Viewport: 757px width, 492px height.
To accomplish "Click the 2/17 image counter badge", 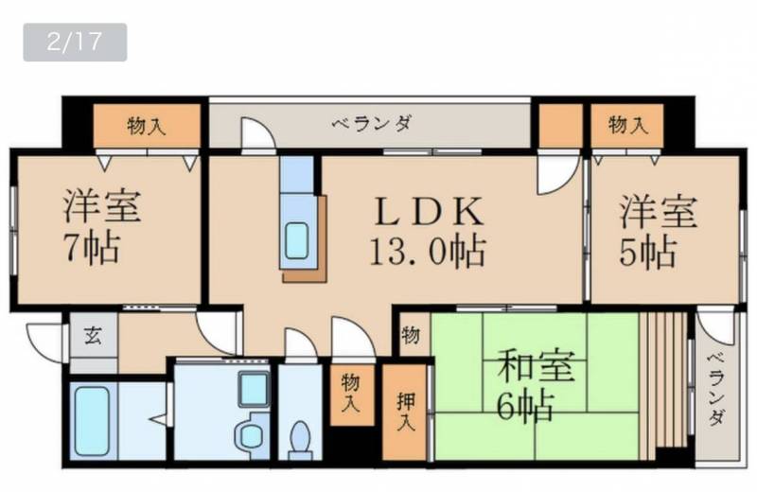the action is point(75,42).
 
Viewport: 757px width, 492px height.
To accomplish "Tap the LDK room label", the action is point(429,212).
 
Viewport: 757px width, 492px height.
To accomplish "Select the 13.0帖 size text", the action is point(427,251).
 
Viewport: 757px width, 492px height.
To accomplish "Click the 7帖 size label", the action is point(92,248).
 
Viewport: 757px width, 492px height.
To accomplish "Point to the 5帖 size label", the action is point(647,252).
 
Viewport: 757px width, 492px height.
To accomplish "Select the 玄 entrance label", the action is point(93,335).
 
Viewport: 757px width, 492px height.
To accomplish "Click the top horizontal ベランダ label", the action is point(372,124).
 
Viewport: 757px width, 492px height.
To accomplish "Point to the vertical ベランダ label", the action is point(716,389).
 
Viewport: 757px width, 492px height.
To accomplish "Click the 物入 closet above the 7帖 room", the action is point(147,127).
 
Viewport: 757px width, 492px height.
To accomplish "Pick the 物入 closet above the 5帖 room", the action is point(627,125).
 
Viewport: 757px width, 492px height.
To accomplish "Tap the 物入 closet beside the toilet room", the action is point(351,394).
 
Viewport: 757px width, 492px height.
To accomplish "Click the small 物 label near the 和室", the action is point(411,335).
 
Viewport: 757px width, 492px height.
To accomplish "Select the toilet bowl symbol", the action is point(300,440).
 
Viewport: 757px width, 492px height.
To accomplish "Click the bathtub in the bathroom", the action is point(93,420).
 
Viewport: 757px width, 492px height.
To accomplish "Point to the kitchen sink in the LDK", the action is point(296,240).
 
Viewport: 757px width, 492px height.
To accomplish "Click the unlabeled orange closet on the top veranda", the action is point(560,126).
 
